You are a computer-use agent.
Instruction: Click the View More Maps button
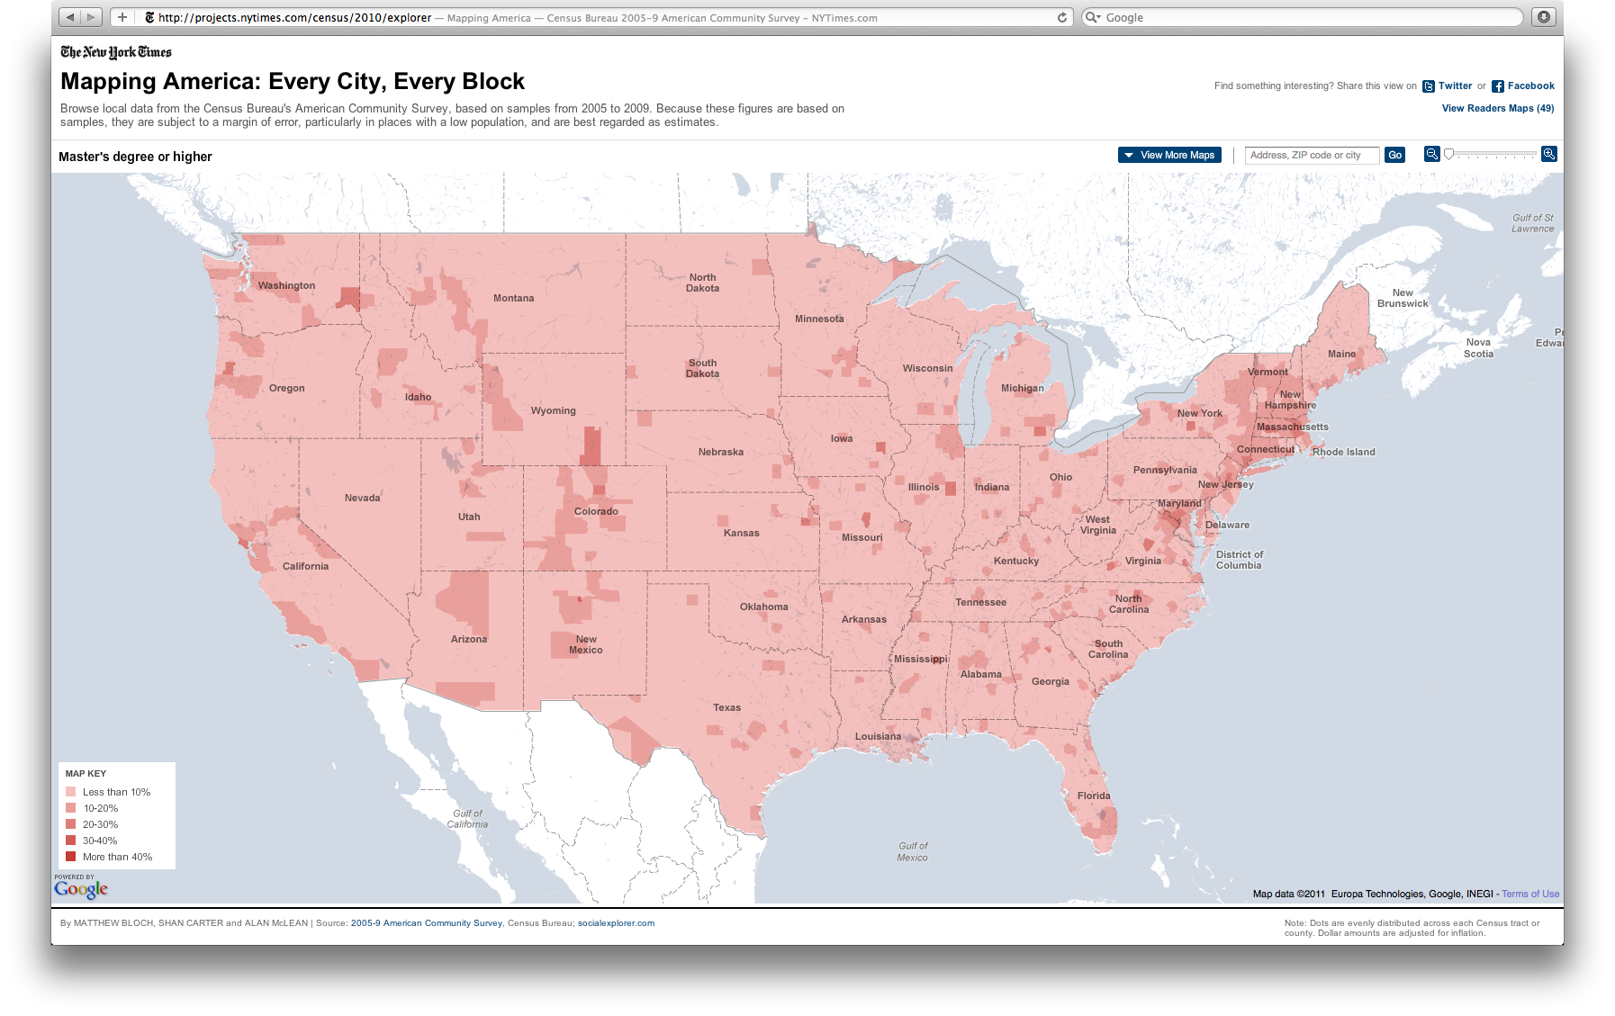(1168, 155)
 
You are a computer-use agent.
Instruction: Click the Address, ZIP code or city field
(1311, 155)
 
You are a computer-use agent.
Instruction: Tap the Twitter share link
(1454, 86)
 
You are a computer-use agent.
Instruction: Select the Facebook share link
(1530, 86)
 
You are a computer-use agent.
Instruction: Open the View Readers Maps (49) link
(1497, 108)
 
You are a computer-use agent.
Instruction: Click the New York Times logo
(116, 52)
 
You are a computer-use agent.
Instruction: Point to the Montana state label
(513, 298)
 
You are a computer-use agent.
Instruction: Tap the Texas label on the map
(726, 707)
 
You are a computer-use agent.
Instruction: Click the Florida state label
(1094, 796)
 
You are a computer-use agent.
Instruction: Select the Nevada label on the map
(362, 498)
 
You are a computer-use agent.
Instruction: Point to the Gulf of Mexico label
(913, 851)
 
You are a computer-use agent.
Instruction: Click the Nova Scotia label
(1478, 347)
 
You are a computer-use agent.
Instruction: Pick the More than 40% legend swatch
(70, 857)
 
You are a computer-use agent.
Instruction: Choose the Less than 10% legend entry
(116, 792)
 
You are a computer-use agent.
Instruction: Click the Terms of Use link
(1530, 894)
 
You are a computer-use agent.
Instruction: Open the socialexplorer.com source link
(616, 923)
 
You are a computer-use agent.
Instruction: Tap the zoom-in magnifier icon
(1548, 154)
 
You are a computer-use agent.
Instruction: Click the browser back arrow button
(70, 17)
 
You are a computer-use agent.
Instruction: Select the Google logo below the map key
(81, 889)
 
